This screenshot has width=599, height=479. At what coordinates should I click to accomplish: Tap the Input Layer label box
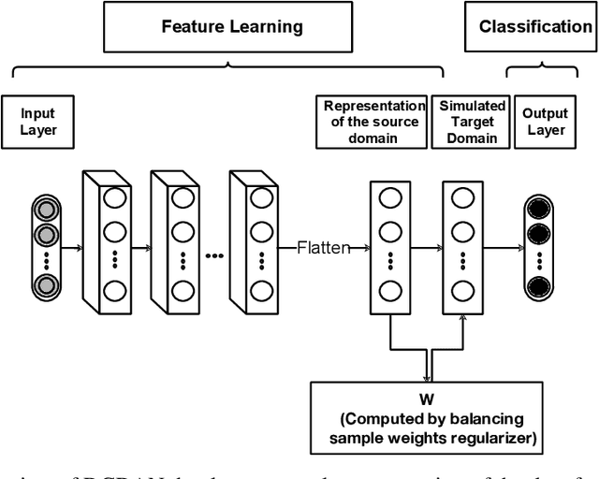pyautogui.click(x=37, y=122)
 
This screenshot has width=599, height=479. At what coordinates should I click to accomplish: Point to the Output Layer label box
pyautogui.click(x=545, y=122)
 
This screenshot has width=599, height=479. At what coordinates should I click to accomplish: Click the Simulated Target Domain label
pyautogui.click(x=473, y=122)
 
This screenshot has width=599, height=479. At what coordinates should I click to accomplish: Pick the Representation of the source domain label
pyautogui.click(x=374, y=122)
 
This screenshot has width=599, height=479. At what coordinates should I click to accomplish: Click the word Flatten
pyautogui.click(x=323, y=248)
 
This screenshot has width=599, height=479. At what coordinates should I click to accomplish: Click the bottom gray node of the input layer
pyautogui.click(x=44, y=285)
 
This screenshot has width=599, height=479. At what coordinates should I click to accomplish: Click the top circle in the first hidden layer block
pyautogui.click(x=115, y=199)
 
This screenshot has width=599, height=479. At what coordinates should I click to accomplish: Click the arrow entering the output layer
pyautogui.click(x=505, y=248)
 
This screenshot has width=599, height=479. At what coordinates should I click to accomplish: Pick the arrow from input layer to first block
pyautogui.click(x=71, y=248)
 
